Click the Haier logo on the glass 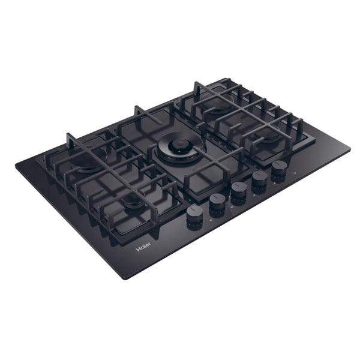pos(144,247)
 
